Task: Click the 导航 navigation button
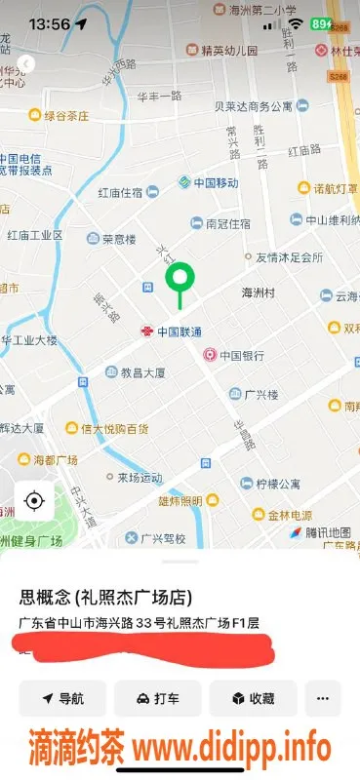[61, 698]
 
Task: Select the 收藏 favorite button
[253, 698]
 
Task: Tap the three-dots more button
[323, 698]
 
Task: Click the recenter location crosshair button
[34, 501]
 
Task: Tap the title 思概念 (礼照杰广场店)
[104, 597]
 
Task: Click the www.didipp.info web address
[231, 749]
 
